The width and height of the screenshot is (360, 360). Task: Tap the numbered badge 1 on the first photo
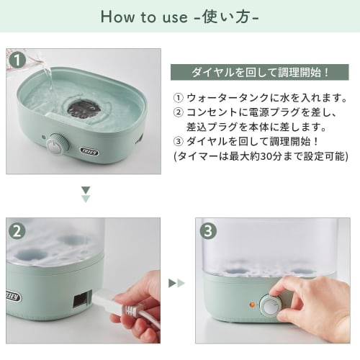tap(17, 58)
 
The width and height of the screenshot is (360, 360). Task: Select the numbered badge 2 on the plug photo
tap(17, 230)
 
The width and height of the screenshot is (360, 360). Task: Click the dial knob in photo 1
tap(57, 144)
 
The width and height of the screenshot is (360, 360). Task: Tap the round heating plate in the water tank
tap(84, 109)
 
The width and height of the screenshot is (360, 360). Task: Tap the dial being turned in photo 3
tap(271, 306)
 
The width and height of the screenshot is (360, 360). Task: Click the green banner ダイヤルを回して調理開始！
tap(259, 73)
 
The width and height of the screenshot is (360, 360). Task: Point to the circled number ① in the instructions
tap(178, 97)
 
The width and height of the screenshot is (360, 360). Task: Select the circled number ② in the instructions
tap(178, 112)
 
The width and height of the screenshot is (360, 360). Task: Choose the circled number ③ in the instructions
tap(178, 141)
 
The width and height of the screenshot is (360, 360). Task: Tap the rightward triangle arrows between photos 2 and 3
tap(176, 283)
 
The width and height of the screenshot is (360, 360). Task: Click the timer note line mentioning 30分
tap(260, 156)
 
